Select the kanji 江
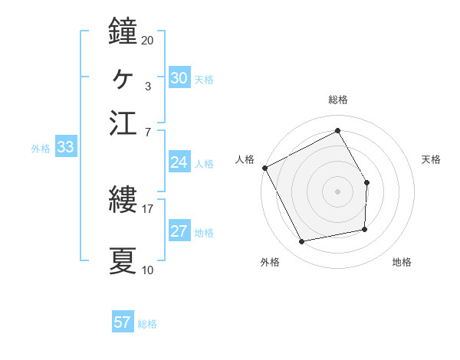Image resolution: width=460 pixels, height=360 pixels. click(x=123, y=123)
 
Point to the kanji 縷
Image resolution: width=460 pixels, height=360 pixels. click(x=123, y=201)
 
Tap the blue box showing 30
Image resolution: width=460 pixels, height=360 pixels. click(x=179, y=78)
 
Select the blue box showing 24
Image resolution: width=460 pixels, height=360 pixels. click(x=179, y=162)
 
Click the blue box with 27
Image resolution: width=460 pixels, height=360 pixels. click(x=179, y=231)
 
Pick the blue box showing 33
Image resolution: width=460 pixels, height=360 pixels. click(x=64, y=147)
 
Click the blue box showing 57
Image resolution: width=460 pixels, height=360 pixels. click(x=123, y=322)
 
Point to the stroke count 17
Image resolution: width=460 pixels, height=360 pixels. click(x=147, y=208)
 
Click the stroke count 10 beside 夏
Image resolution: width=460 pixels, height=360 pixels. click(x=147, y=270)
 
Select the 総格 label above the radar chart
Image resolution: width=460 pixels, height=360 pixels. click(x=337, y=100)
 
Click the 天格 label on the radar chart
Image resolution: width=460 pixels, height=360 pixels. click(x=431, y=159)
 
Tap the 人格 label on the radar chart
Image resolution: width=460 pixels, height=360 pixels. click(x=245, y=159)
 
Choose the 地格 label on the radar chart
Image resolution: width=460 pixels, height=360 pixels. click(x=402, y=262)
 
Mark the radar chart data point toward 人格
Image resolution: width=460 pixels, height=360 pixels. click(x=264, y=168)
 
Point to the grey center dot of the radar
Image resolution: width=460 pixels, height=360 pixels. click(x=337, y=191)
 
